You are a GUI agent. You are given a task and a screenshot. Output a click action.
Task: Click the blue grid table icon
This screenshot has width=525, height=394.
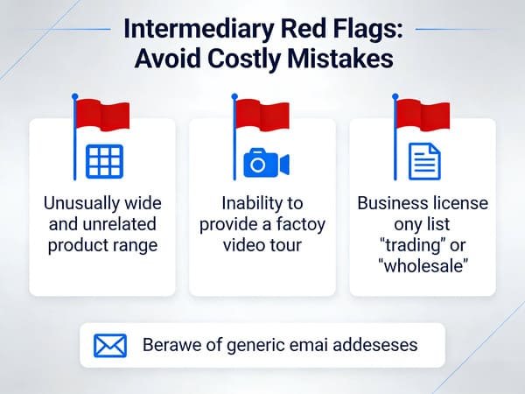tap(104, 161)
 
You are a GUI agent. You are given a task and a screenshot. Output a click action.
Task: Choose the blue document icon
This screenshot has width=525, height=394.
tap(424, 161)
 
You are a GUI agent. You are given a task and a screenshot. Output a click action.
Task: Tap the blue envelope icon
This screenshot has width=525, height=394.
tap(109, 344)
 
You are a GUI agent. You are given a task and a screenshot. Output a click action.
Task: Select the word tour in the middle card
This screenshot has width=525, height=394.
tap(284, 246)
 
